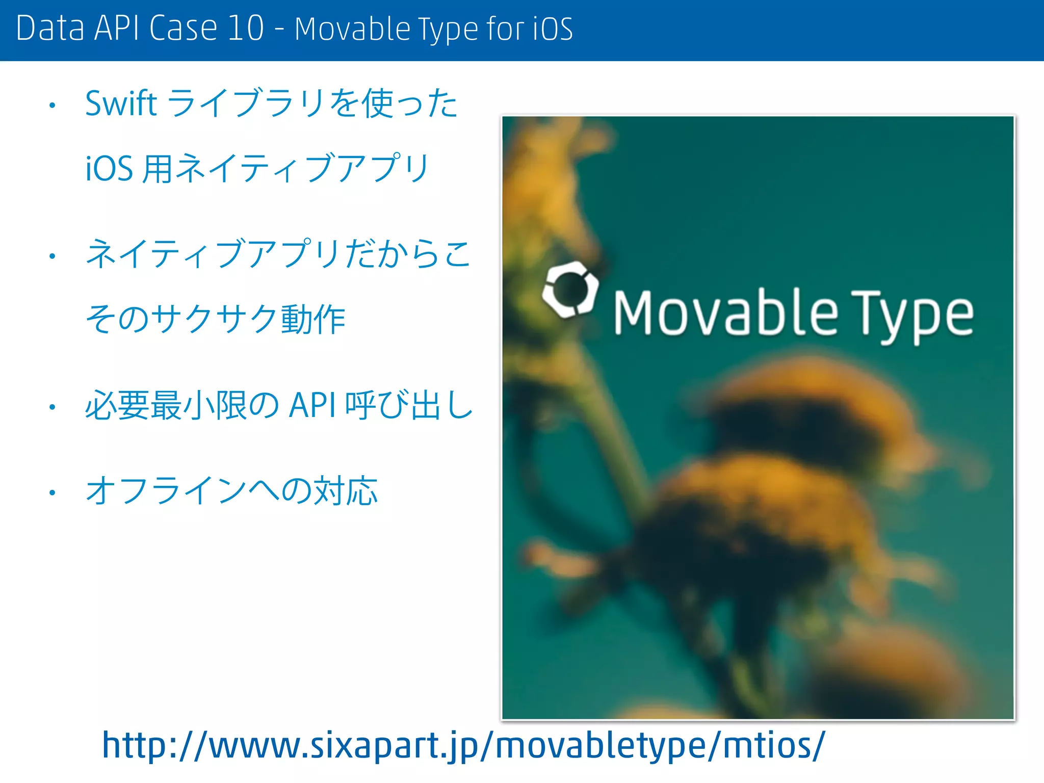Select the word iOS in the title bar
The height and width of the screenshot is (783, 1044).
[553, 29]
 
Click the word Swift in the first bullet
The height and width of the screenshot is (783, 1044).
[120, 103]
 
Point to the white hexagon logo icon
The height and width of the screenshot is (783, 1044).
[570, 290]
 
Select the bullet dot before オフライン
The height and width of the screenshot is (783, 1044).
[52, 492]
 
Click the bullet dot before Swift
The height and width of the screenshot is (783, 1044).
[52, 106]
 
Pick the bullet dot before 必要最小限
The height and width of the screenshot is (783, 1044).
[52, 407]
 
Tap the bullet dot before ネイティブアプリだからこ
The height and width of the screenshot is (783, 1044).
[52, 256]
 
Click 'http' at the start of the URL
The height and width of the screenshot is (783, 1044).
[134, 745]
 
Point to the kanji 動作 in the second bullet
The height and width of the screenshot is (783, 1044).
[313, 320]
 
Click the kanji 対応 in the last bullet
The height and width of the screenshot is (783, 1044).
[345, 491]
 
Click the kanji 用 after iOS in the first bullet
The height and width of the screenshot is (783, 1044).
[158, 169]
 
